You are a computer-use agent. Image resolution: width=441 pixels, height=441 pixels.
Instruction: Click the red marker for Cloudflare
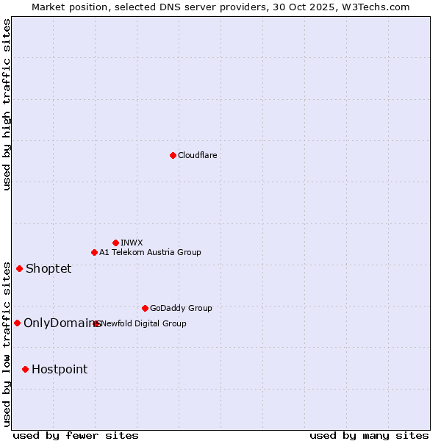tap(173, 155)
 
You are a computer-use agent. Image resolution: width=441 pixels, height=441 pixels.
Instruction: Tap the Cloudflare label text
tap(197, 155)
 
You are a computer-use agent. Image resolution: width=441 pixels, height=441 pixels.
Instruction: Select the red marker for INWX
tap(115, 243)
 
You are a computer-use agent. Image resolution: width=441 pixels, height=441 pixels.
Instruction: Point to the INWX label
tap(132, 243)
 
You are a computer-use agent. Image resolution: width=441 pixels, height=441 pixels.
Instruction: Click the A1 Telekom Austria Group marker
tap(94, 252)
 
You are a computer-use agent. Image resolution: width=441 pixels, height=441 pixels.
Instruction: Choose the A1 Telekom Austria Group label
tap(150, 252)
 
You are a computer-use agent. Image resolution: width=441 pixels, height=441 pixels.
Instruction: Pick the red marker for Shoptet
tap(19, 268)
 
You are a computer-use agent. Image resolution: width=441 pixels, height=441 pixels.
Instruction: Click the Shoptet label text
tap(49, 268)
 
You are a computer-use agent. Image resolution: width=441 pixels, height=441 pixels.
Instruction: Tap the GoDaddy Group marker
tap(145, 308)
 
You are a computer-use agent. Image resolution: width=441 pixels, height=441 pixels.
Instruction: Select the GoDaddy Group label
tap(181, 308)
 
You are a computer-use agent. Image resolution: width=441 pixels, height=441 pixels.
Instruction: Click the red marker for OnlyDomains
tap(17, 323)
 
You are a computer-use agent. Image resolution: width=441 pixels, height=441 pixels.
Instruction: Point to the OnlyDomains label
tap(60, 323)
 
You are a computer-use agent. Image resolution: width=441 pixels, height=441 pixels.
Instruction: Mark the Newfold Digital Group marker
tap(96, 323)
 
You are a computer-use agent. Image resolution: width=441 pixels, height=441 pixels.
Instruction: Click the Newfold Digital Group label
tap(144, 323)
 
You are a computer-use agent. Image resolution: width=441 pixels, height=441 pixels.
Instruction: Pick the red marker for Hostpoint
tap(25, 369)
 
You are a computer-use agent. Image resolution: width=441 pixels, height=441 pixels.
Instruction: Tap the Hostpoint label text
tap(60, 369)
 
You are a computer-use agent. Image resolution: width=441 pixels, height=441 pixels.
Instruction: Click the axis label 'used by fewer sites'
tap(76, 435)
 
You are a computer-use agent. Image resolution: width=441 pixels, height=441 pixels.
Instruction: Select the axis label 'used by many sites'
tap(369, 435)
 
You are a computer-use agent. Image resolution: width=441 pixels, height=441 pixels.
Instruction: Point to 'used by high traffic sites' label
tap(7, 104)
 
